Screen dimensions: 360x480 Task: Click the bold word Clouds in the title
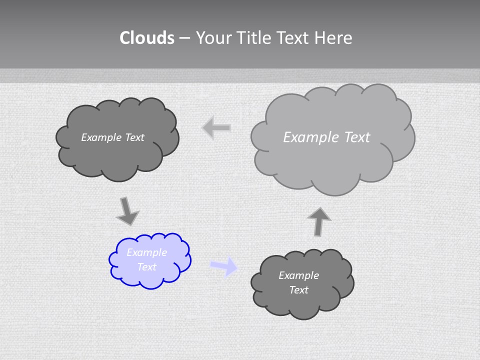click(147, 38)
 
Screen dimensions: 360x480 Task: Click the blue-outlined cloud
click(150, 260)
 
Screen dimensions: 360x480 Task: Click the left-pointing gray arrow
click(216, 128)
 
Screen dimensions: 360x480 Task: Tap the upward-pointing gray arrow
click(319, 221)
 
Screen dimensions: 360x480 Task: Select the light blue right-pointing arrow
click(224, 266)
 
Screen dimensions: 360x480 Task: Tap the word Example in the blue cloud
click(146, 252)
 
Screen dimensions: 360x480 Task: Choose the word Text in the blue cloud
click(146, 267)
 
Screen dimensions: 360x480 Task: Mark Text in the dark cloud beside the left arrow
click(134, 137)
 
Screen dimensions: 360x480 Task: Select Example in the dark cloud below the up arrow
click(298, 275)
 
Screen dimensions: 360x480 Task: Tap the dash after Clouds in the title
click(184, 38)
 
